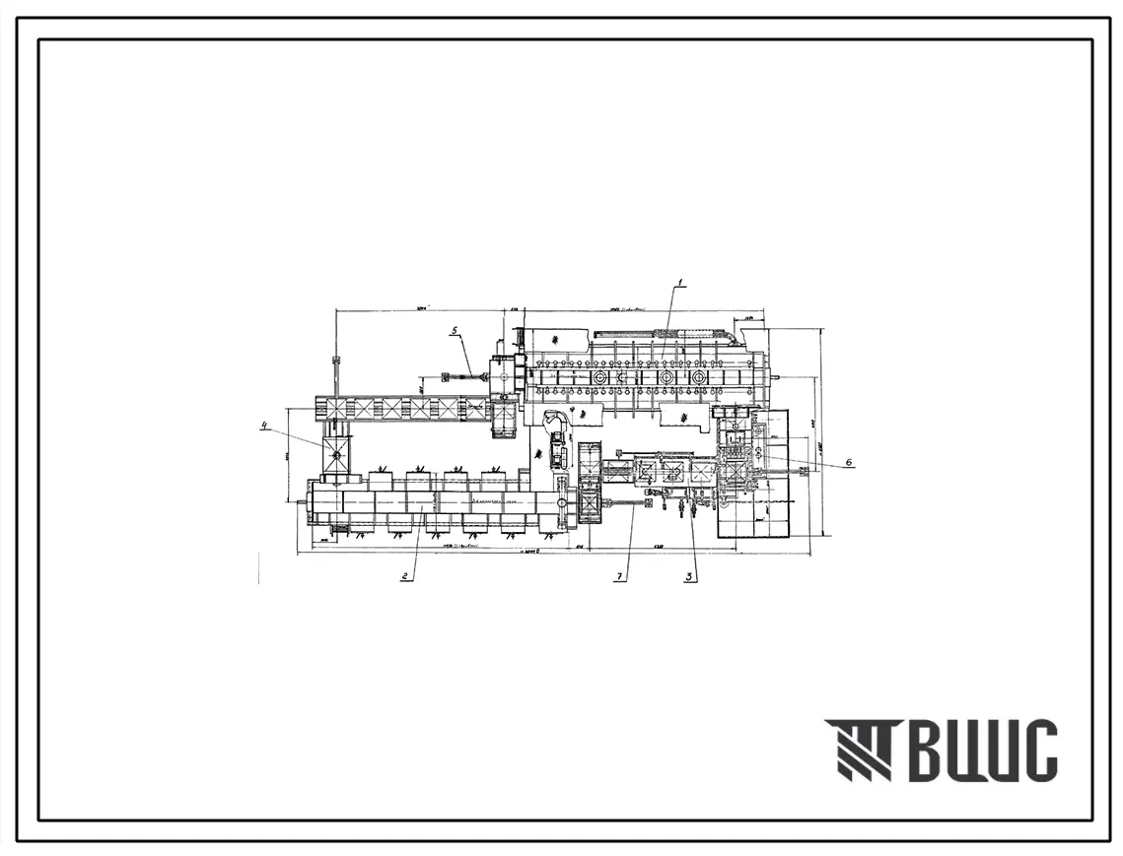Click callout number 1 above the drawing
(x=680, y=283)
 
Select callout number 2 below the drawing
(x=404, y=577)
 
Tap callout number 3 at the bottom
(x=690, y=577)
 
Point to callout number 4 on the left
(x=264, y=426)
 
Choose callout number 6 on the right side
(x=849, y=463)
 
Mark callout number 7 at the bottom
(x=621, y=578)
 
